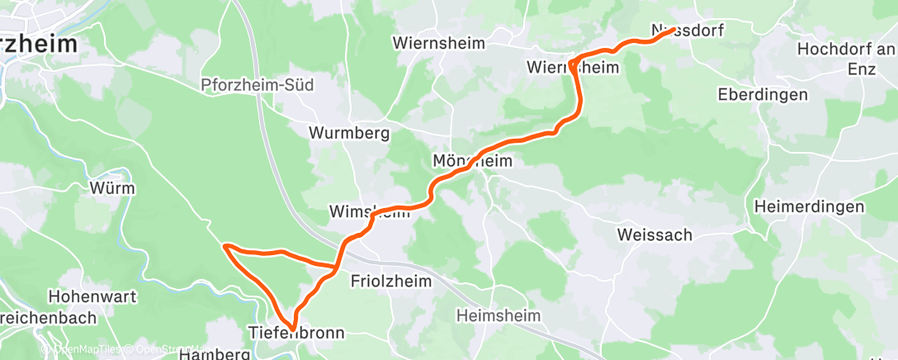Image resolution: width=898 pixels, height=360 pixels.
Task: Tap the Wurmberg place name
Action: pyautogui.click(x=349, y=132)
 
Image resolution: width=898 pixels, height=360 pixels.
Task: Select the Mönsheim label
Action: pyautogui.click(x=473, y=161)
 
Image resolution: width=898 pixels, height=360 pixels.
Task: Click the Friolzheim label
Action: pyautogui.click(x=391, y=281)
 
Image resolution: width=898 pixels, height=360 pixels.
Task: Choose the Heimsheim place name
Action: pyautogui.click(x=499, y=315)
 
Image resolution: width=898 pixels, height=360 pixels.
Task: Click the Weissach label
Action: pyautogui.click(x=655, y=235)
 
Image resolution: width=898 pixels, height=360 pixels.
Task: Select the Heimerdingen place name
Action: pyautogui.click(x=810, y=206)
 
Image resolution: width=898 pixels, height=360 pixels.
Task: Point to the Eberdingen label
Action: pyautogui.click(x=763, y=94)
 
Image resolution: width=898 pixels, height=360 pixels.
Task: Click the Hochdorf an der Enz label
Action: pyautogui.click(x=846, y=59)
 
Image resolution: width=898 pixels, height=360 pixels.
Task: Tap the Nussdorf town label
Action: pyautogui.click(x=688, y=31)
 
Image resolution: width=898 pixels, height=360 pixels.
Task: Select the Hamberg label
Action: pyautogui.click(x=214, y=354)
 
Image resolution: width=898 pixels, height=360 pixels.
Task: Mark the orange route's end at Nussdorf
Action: pyautogui.click(x=675, y=30)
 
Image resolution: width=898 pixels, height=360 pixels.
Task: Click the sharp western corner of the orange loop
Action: pyautogui.click(x=225, y=245)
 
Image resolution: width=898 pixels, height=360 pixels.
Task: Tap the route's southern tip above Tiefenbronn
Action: pyautogui.click(x=291, y=330)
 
